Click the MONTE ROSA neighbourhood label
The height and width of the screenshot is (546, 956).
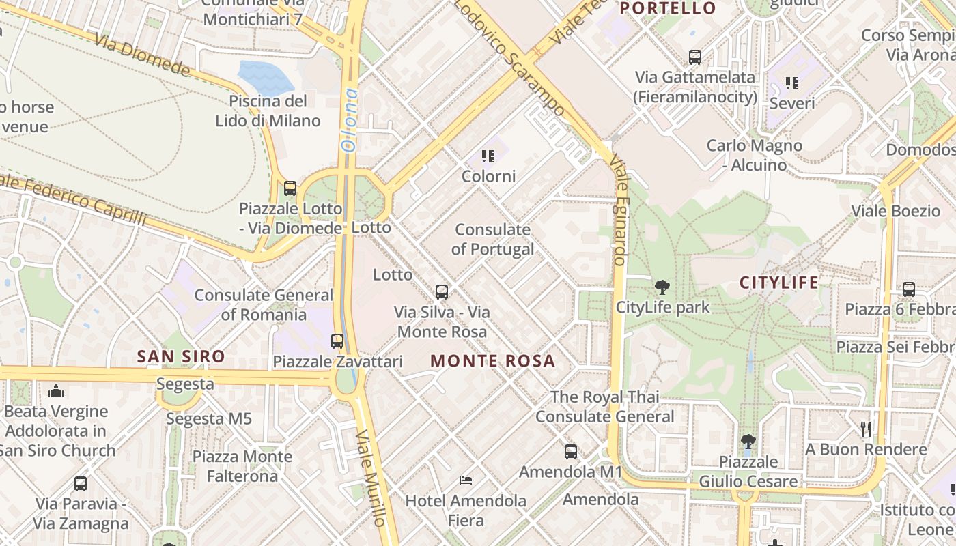(492, 361)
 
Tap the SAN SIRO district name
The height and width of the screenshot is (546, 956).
(181, 356)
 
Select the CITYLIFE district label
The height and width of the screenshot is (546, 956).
(778, 283)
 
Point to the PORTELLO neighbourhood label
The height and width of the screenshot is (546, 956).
(668, 8)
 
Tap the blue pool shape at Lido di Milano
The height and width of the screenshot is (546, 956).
(265, 77)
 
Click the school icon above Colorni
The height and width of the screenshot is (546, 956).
(488, 156)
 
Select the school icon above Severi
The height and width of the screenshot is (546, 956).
(791, 83)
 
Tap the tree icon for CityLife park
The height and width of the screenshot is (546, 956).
(662, 287)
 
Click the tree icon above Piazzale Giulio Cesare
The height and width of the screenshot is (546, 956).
(748, 441)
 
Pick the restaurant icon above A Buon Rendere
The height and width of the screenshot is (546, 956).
(865, 429)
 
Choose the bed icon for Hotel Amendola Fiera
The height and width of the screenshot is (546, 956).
(466, 480)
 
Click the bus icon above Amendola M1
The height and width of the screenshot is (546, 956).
(570, 451)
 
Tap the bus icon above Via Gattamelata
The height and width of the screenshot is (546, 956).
(695, 57)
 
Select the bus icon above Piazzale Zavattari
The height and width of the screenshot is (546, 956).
(337, 341)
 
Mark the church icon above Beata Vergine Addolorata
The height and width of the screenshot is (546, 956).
(56, 391)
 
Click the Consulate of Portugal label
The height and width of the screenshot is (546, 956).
(492, 240)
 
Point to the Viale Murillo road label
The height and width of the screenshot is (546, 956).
(371, 478)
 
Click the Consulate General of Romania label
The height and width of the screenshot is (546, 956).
(264, 305)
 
